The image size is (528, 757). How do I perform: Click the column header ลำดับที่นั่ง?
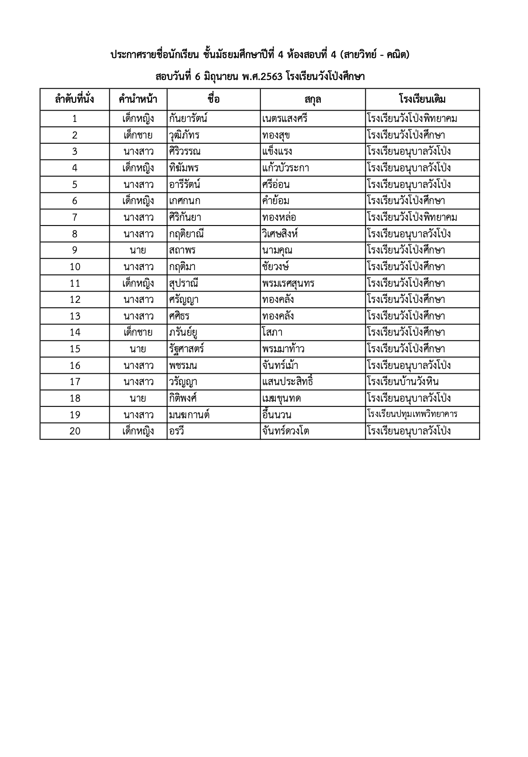coord(74,99)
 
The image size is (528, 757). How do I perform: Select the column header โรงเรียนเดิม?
coord(422,99)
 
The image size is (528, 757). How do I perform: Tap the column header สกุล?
coord(313,99)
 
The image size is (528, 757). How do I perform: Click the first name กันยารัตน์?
coord(188,118)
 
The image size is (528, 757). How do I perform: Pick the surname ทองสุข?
coord(276,135)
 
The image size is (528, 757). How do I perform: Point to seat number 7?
coord(75,217)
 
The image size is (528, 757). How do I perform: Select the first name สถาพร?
coord(182,250)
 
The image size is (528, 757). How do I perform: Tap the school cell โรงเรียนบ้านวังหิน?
coord(403,382)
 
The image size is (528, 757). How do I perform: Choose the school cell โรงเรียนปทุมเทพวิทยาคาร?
coord(412,414)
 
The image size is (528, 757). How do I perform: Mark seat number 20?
coord(75,431)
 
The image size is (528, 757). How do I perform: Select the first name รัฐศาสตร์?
coord(187,349)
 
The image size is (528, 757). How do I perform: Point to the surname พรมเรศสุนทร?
coord(288,283)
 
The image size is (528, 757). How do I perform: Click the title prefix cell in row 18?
coord(138,398)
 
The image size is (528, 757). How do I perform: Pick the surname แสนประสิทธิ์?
coord(288,382)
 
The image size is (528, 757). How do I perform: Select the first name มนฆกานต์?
coord(189,414)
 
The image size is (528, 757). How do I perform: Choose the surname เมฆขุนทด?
coord(281,398)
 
